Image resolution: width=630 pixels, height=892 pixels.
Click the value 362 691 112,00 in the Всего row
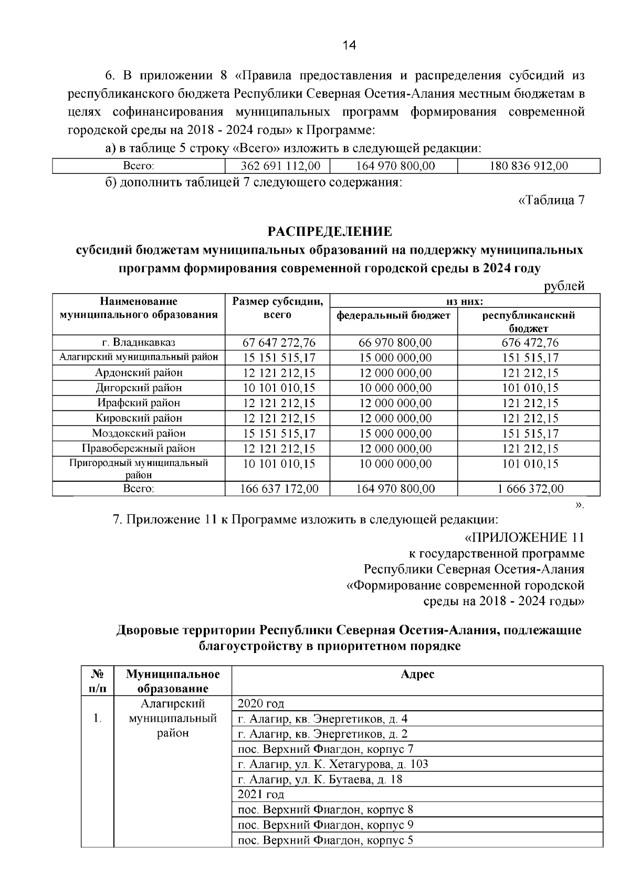280,167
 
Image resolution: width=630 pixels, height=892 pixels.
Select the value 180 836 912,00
528,167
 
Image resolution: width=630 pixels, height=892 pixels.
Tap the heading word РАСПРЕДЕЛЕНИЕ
330,232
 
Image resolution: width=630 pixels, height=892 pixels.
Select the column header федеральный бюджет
393,316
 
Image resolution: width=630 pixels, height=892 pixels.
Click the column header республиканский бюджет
528,321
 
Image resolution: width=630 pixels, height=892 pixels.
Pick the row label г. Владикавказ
139,343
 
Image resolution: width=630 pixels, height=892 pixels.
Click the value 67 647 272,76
279,343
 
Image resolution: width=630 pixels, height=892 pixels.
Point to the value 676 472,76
528,343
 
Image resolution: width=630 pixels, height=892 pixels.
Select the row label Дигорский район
139,388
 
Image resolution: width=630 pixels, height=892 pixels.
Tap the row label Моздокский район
139,433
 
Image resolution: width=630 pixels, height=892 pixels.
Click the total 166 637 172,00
279,489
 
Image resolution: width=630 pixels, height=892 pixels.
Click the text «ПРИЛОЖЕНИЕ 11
523,538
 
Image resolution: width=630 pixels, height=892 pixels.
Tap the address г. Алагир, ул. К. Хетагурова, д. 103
332,764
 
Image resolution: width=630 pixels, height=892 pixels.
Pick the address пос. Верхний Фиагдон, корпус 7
325,749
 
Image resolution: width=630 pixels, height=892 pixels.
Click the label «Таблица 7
551,200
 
